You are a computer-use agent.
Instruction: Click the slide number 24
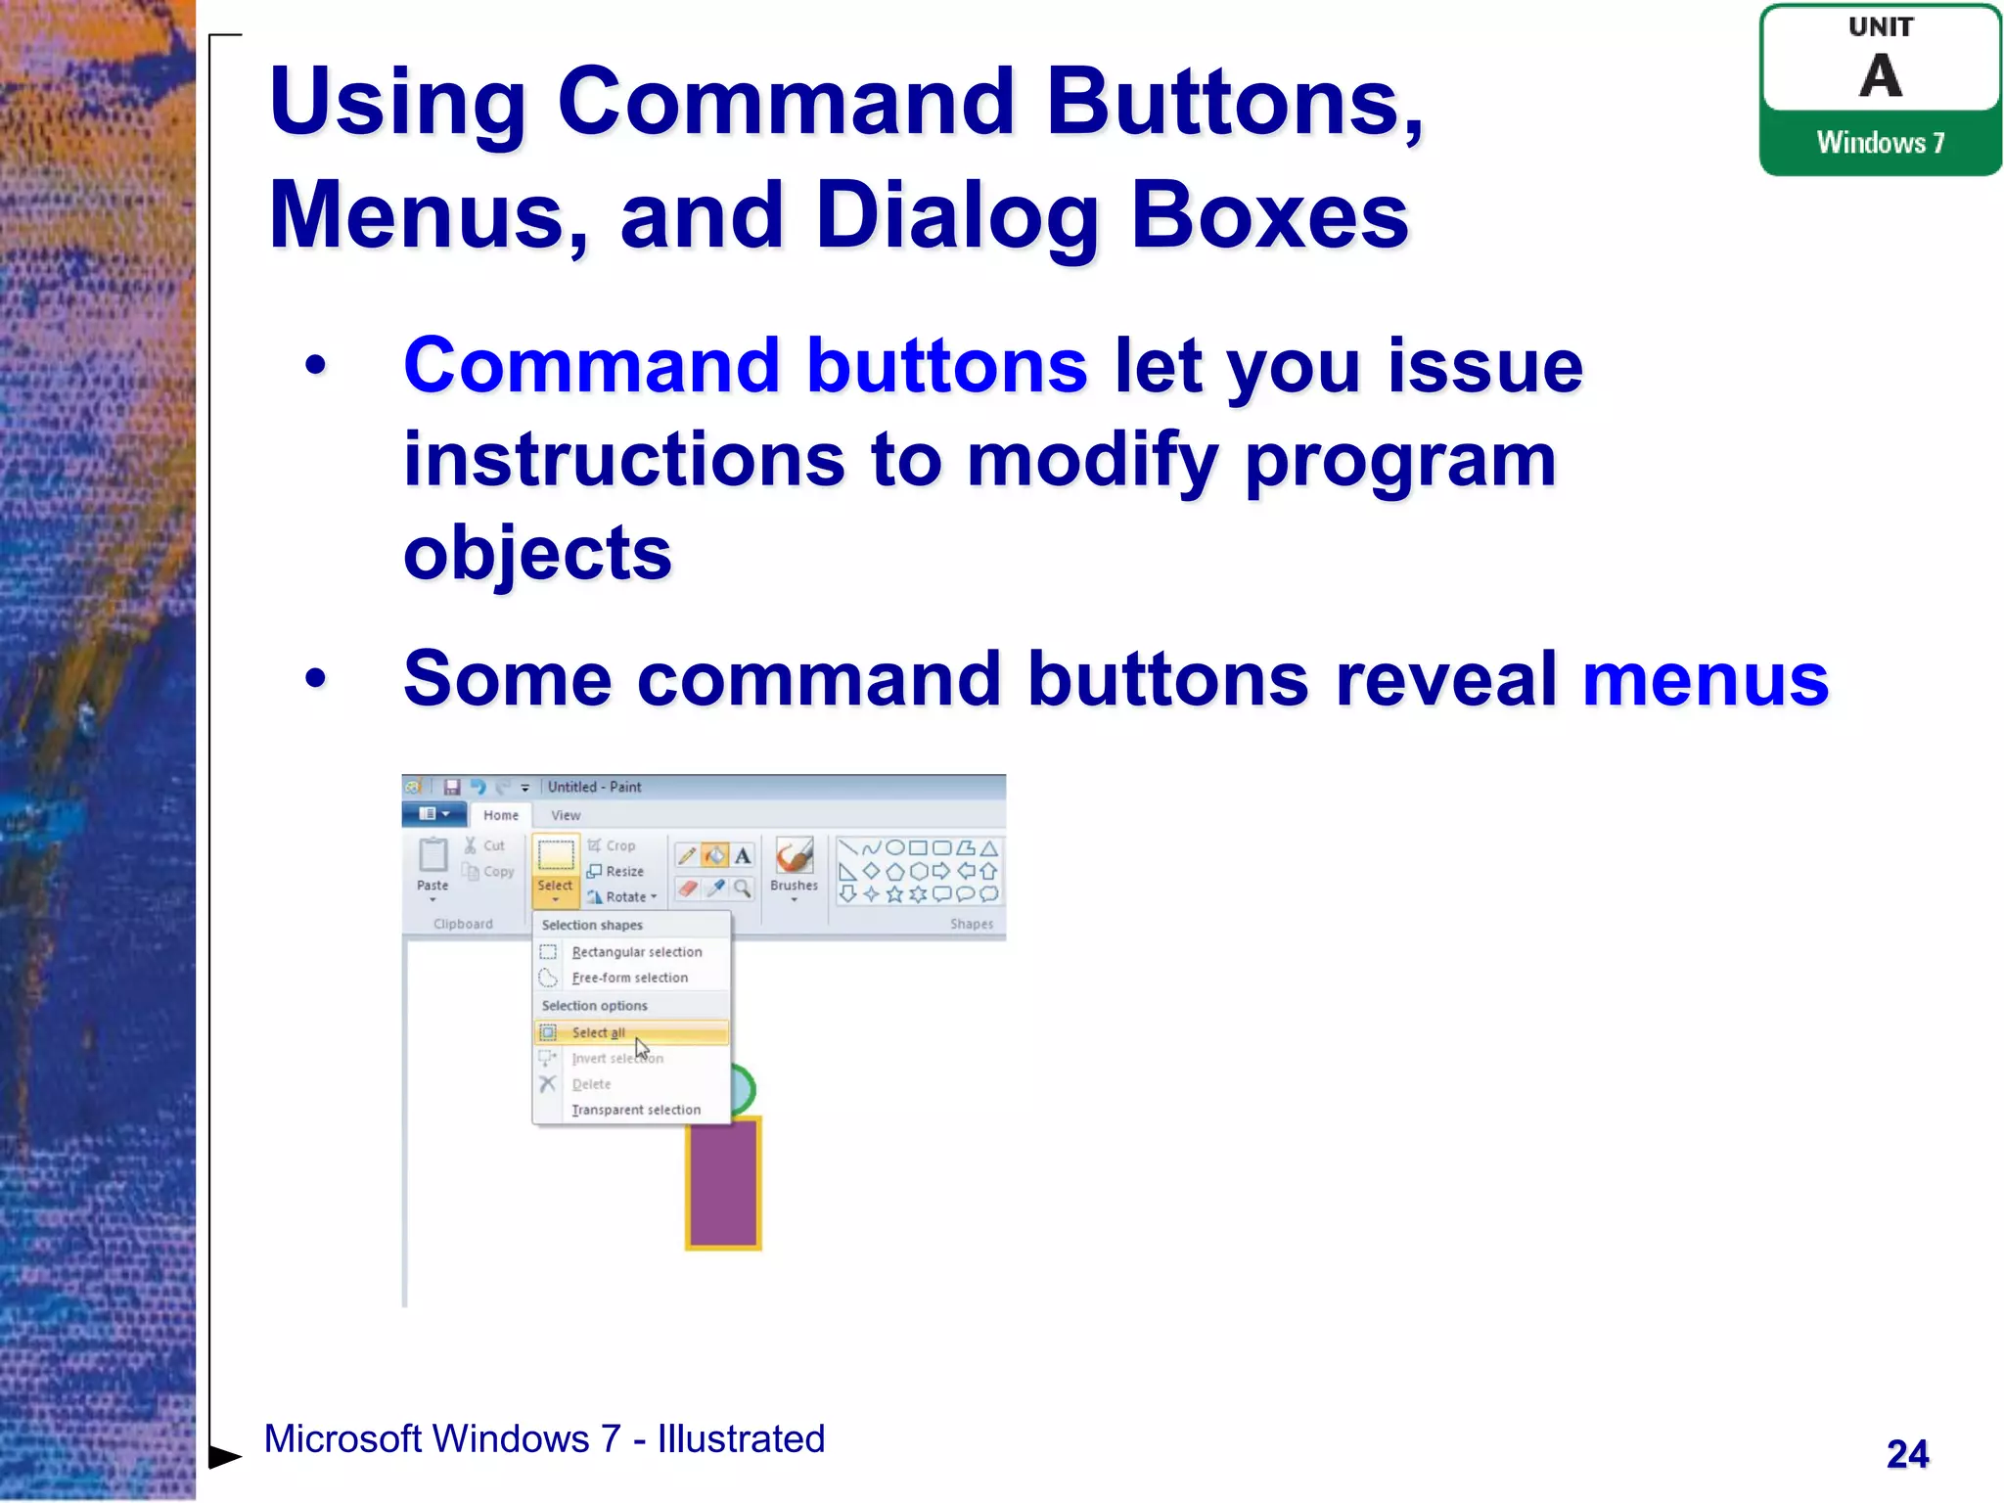point(1906,1454)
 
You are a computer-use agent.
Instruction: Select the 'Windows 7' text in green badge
point(1880,143)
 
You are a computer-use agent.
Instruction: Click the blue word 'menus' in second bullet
point(1705,679)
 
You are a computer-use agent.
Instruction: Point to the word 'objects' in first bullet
point(537,554)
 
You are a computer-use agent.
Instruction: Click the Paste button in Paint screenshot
point(433,865)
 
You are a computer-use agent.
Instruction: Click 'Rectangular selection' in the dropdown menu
point(636,952)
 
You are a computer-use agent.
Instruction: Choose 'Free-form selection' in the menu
point(629,978)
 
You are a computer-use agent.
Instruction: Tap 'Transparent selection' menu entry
point(636,1110)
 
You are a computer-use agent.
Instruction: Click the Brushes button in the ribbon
point(794,865)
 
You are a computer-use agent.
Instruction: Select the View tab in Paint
point(566,815)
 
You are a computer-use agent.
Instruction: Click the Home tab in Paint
point(501,815)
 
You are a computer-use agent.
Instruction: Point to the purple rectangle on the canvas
point(723,1184)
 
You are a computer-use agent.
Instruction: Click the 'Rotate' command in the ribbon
point(624,896)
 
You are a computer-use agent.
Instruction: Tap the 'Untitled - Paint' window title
point(594,787)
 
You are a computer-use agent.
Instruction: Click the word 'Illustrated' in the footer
point(741,1439)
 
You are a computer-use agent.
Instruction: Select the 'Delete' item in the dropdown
point(591,1084)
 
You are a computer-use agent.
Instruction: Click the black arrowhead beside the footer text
point(225,1456)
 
